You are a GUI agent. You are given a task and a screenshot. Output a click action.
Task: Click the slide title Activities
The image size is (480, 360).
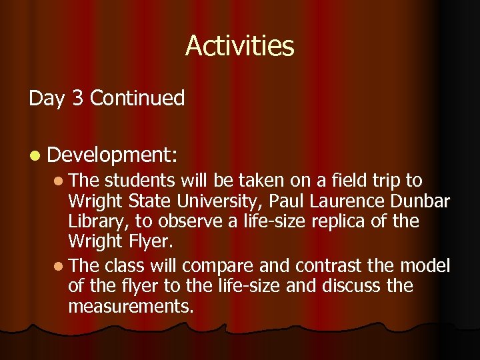tap(239, 45)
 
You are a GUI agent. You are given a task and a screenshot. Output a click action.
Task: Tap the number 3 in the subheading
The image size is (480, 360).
tap(77, 99)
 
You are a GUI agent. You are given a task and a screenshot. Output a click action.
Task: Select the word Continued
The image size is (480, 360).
tap(137, 99)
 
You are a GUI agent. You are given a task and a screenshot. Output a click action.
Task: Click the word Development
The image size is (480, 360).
tap(110, 155)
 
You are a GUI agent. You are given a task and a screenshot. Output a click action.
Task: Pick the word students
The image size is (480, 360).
tap(138, 181)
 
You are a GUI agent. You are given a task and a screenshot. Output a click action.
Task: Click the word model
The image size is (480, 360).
tap(426, 266)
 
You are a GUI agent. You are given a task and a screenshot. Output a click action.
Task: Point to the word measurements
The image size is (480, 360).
tap(131, 306)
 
